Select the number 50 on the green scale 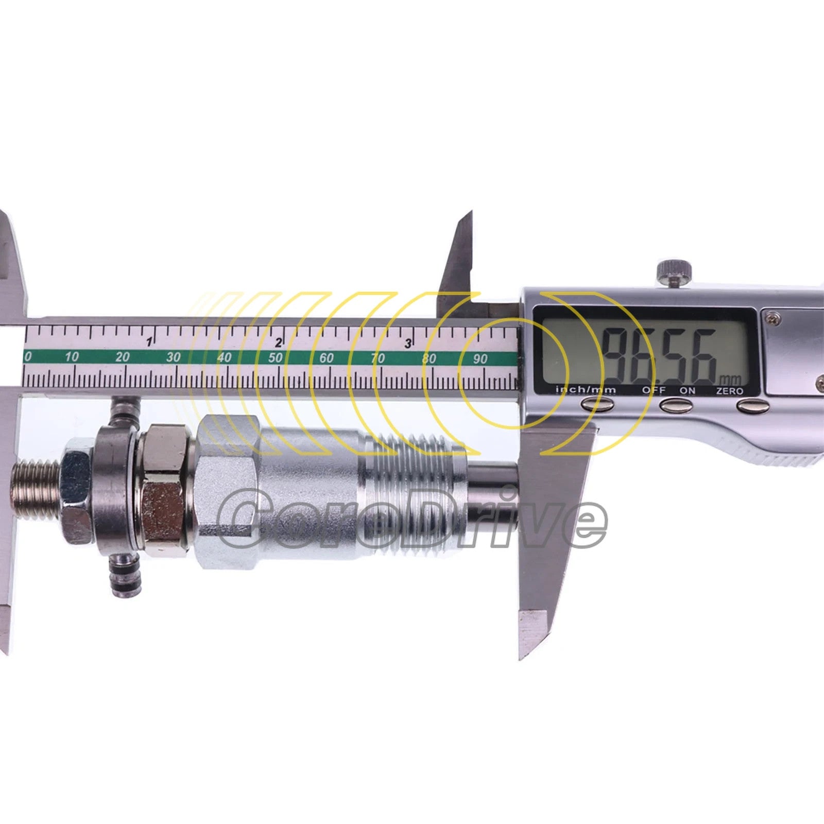click(x=276, y=357)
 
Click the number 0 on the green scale click(x=28, y=356)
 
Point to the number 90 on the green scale click(x=480, y=358)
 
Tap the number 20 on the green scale click(x=123, y=356)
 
